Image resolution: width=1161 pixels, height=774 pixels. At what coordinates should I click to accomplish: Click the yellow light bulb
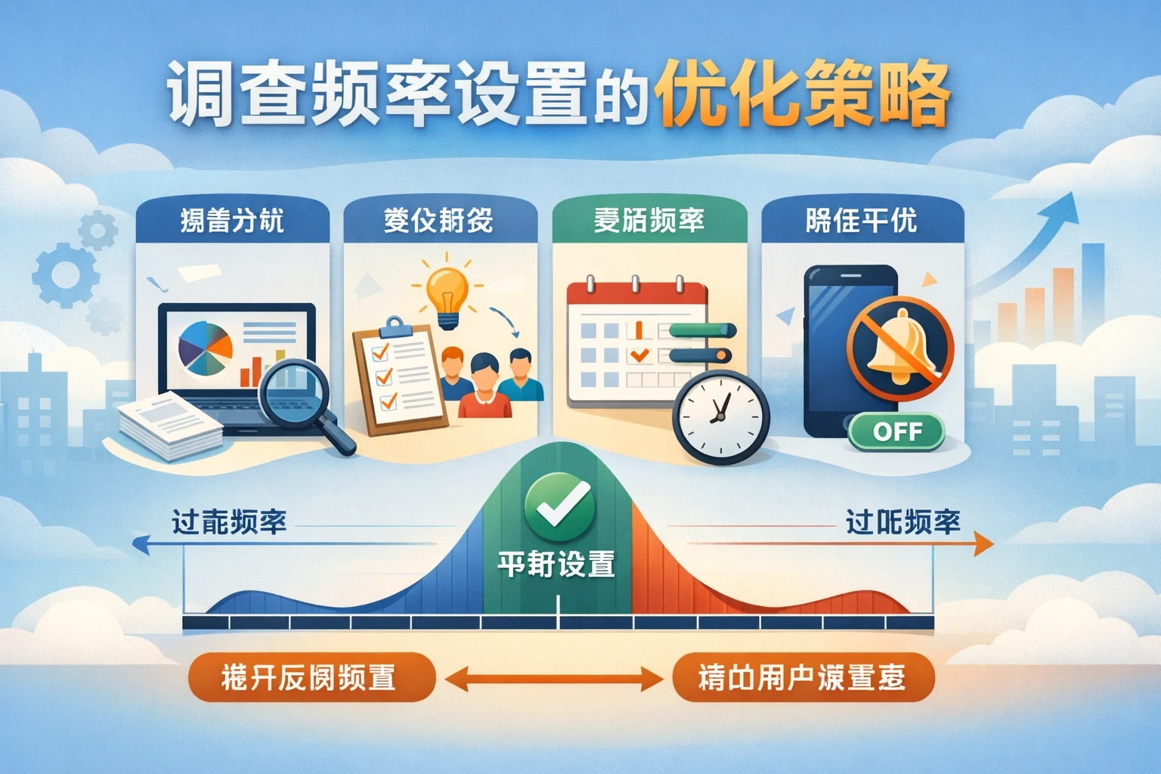point(447,295)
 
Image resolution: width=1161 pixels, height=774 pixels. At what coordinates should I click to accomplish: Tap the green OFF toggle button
point(896,432)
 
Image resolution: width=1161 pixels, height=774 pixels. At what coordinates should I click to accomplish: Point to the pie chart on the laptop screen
point(204,348)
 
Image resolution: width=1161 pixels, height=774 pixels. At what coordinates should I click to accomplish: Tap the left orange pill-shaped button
point(311,676)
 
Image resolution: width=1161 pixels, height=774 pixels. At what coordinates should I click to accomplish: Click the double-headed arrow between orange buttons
point(553,678)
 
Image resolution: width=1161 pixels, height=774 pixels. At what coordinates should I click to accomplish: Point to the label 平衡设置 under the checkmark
point(556,565)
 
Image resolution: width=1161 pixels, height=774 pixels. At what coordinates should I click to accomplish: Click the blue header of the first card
point(232,221)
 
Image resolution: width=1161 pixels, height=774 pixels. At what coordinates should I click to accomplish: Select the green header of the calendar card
point(649,221)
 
